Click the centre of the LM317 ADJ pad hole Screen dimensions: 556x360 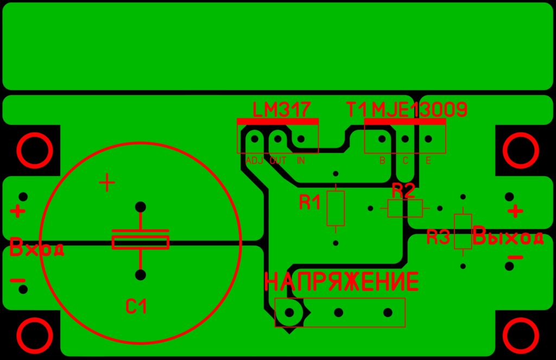point(255,138)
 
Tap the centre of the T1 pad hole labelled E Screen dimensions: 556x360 point(428,138)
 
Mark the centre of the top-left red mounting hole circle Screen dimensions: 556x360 point(35,150)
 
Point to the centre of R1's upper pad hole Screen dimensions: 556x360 point(336,173)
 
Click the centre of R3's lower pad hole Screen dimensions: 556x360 point(463,266)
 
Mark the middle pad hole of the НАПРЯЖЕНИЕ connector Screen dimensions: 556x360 point(339,312)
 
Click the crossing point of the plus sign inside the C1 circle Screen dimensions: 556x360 point(107,183)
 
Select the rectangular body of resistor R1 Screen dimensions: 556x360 point(336,208)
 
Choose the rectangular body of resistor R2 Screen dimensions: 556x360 point(405,208)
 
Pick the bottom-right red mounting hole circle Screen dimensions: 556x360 point(521,335)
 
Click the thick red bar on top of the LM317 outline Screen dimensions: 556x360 point(277,122)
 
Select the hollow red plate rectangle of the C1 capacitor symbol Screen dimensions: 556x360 point(141,243)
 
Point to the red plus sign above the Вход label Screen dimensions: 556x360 point(17,212)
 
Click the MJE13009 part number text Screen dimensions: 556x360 point(419,110)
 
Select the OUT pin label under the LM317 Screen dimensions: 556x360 point(278,161)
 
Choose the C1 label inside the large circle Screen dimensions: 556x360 point(136,306)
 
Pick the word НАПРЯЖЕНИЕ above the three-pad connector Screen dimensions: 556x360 point(342,282)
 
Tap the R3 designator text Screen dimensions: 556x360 point(438,237)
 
